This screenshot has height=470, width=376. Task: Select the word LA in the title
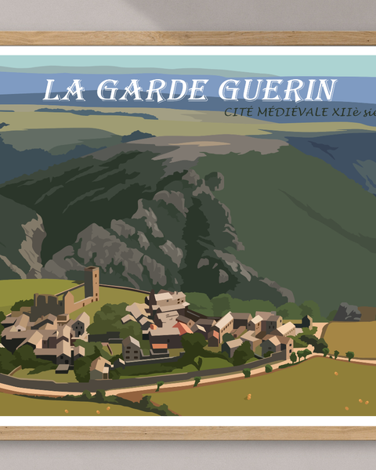pyautogui.click(x=62, y=90)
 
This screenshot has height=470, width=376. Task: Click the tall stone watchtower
pyautogui.click(x=92, y=284)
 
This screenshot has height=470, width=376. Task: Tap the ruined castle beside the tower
pyautogui.click(x=49, y=303)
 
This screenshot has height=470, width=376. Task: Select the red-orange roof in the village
pyautogui.click(x=182, y=328)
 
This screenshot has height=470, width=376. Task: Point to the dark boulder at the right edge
pyautogui.click(x=349, y=313)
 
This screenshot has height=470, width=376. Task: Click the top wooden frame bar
pyautogui.click(x=188, y=38)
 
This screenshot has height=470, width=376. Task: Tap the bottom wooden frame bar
pyautogui.click(x=188, y=432)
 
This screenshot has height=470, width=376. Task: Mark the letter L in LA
pyautogui.click(x=53, y=90)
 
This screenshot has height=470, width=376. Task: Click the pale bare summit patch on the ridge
pyautogui.click(x=227, y=146)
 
